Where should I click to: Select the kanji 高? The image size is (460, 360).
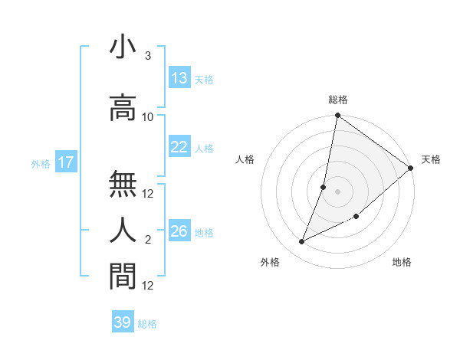123,106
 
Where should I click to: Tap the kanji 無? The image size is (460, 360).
123,183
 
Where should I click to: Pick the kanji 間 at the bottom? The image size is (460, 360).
123,274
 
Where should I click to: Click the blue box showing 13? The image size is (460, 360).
179,78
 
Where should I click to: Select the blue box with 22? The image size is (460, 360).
179,147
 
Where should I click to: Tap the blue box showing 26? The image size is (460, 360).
179,231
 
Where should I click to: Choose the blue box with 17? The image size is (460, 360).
65,162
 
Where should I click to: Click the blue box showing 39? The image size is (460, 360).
123,322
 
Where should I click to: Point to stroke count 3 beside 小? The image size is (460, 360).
148,57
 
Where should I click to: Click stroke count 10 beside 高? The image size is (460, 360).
148,117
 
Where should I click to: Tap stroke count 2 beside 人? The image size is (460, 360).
148,240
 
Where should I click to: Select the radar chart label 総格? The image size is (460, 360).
338,100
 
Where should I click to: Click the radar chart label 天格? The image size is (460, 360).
431,159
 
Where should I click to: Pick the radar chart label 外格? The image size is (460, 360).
270,262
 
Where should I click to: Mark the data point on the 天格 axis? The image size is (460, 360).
411,169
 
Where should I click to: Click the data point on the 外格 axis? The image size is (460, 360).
302,242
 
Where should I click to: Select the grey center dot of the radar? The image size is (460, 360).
338,191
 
